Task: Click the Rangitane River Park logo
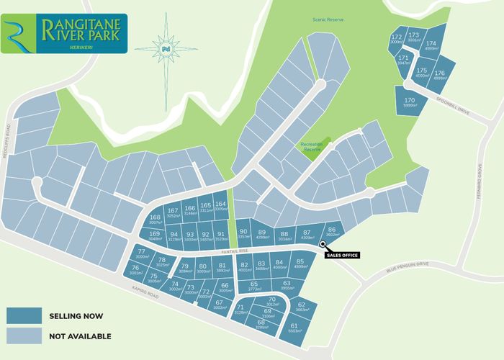click(x=64, y=33)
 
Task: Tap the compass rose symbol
click(x=166, y=48)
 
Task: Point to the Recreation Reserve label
click(x=314, y=147)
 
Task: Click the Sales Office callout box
click(x=341, y=255)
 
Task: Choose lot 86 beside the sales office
click(x=331, y=230)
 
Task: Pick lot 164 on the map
click(x=220, y=207)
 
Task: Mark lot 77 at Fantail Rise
click(x=141, y=253)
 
